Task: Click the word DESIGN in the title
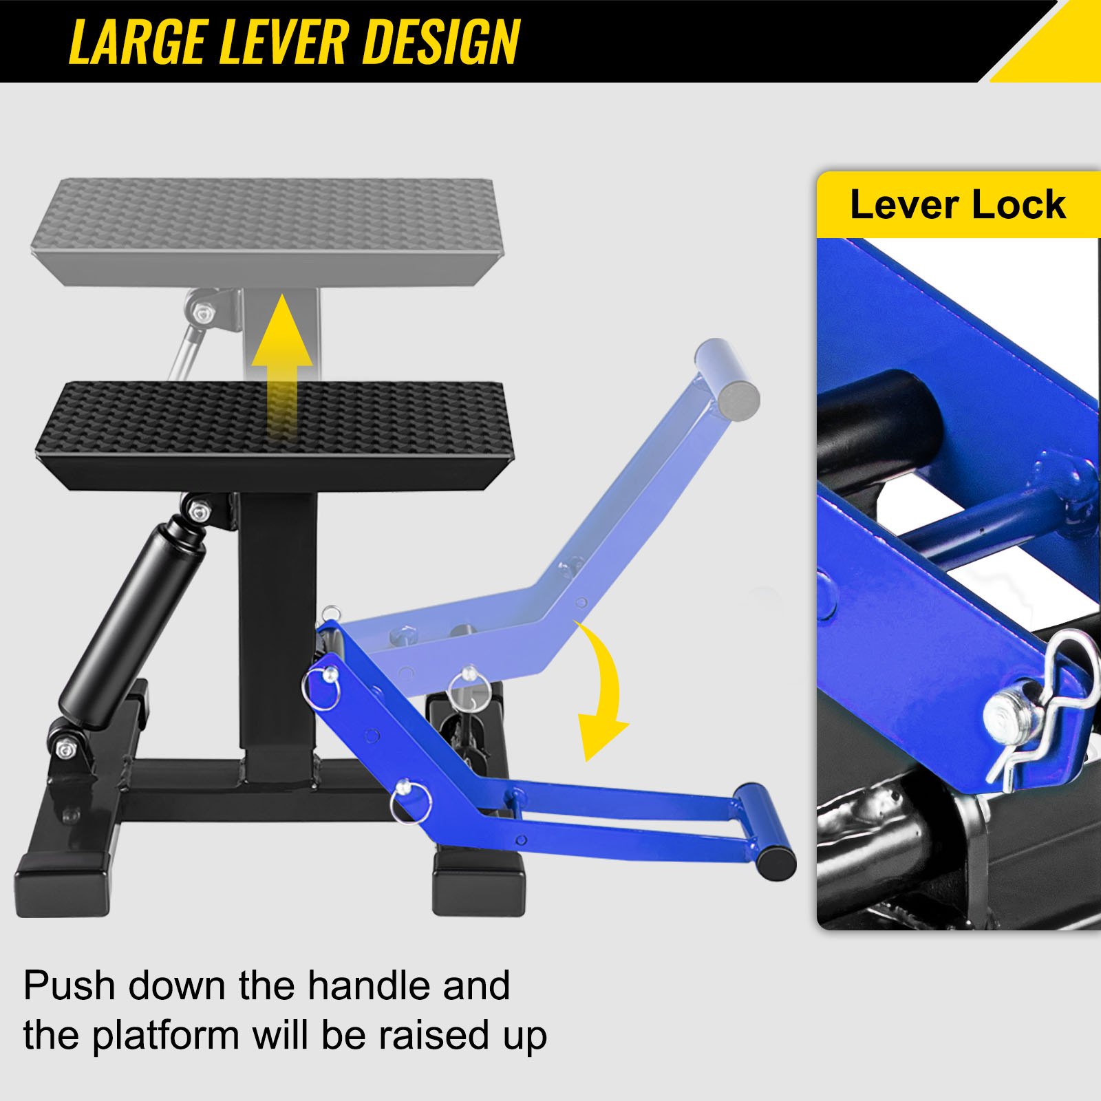click(440, 43)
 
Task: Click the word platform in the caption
click(165, 1036)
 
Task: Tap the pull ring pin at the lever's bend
click(410, 798)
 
